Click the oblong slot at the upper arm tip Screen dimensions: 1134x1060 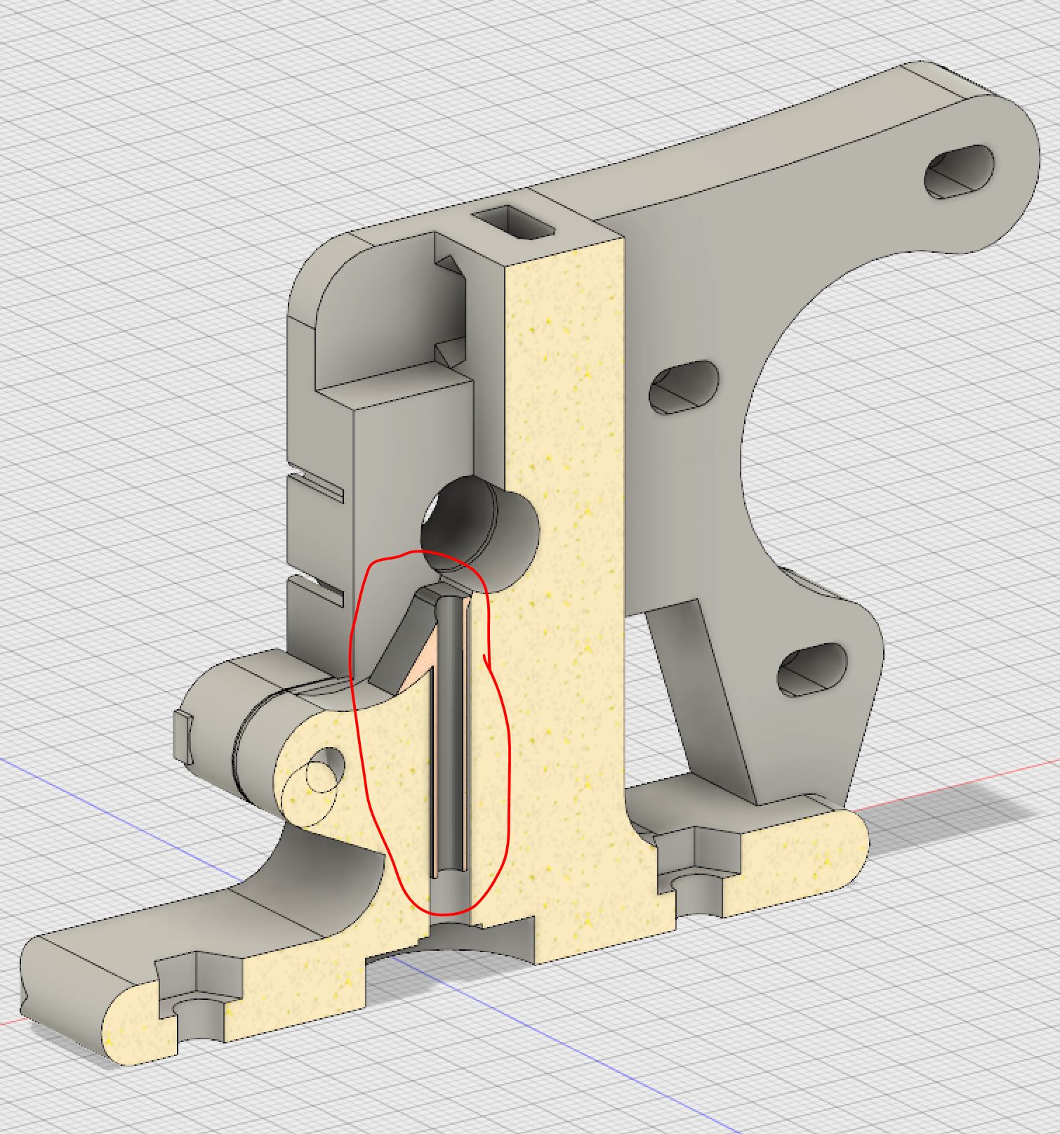[x=960, y=171]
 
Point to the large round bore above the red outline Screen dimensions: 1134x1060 [x=477, y=520]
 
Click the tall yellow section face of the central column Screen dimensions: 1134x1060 [x=569, y=562]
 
